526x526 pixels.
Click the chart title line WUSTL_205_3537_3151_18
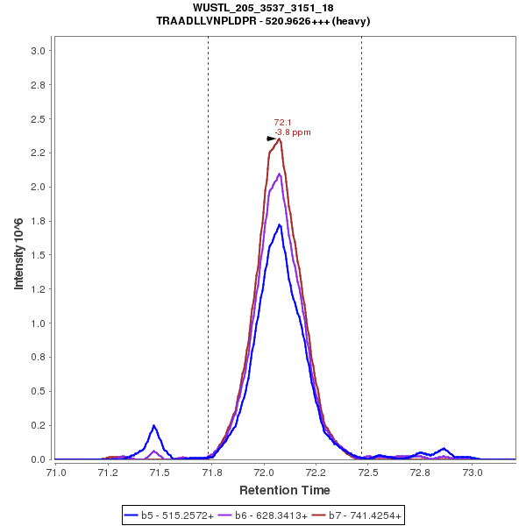coord(263,8)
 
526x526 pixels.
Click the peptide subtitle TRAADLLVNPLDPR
coord(263,20)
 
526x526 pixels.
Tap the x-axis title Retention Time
coord(285,489)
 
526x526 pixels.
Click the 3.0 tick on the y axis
coord(37,51)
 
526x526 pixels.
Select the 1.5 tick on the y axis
coord(37,255)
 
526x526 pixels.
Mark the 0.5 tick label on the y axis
coord(37,391)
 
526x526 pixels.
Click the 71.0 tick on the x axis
coord(56,472)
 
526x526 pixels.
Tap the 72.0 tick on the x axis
coord(264,472)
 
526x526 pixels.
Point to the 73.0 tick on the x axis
coord(473,472)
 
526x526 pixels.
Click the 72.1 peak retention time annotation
coord(282,123)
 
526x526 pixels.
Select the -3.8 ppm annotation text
coord(293,132)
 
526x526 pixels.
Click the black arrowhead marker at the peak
coord(272,139)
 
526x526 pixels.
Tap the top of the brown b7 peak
coord(279,139)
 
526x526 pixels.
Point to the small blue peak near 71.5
coord(154,426)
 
